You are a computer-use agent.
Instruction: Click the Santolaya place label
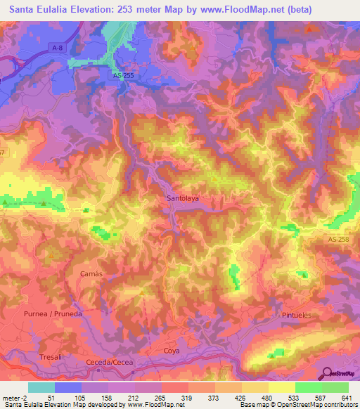click(x=183, y=198)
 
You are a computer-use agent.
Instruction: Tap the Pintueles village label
click(x=296, y=316)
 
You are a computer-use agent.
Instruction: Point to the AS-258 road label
click(x=338, y=240)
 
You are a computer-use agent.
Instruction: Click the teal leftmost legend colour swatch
click(x=41, y=387)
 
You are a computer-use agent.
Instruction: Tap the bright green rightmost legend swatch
click(x=335, y=387)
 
